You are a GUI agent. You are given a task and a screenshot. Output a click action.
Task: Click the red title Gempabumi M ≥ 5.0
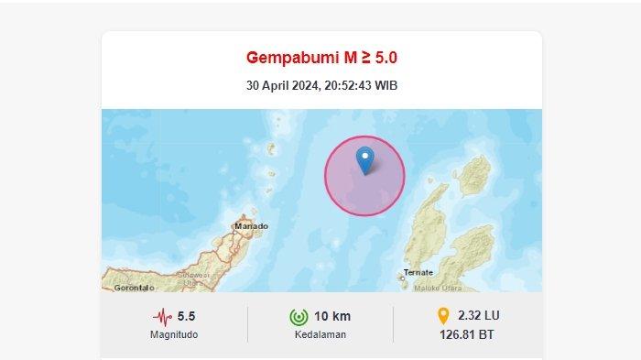click(x=321, y=58)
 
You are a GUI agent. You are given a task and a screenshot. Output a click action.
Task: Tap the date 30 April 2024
click(x=281, y=86)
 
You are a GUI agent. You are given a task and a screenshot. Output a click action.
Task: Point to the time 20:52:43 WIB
click(x=361, y=86)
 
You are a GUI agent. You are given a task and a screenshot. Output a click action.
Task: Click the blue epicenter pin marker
click(x=365, y=158)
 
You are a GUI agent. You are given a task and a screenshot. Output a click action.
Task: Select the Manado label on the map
click(x=251, y=225)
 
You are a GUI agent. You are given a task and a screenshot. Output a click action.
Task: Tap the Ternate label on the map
click(x=418, y=273)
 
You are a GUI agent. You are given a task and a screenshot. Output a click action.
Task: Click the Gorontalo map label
click(x=133, y=288)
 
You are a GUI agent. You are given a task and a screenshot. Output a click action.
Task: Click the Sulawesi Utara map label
click(x=193, y=278)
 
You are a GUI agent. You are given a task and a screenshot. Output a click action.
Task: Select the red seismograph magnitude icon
click(x=163, y=317)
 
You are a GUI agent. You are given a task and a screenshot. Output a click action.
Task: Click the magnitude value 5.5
click(x=187, y=317)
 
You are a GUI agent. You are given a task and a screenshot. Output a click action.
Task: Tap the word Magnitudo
click(x=174, y=334)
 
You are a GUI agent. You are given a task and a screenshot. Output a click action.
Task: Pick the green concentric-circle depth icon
click(x=298, y=317)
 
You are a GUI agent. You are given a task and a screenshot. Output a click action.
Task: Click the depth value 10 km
click(x=331, y=317)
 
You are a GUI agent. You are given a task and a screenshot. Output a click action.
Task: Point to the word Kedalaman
click(x=320, y=334)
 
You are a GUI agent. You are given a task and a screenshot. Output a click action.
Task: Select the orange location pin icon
click(x=443, y=316)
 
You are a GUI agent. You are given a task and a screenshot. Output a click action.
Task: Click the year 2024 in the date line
click(x=306, y=86)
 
